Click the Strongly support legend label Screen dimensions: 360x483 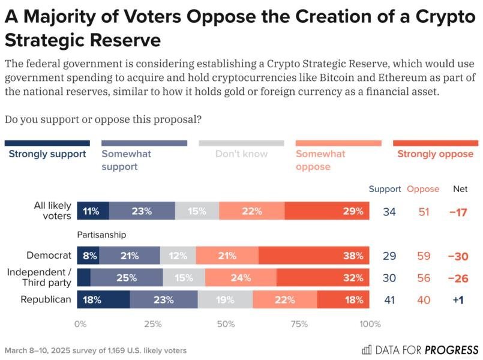tap(47, 154)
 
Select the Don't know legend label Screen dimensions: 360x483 tap(241, 154)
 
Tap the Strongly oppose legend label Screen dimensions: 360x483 tap(435, 154)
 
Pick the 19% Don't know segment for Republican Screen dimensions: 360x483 tap(225, 300)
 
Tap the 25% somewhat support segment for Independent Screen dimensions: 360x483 tap(127, 278)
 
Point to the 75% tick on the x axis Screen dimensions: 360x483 tap(299, 325)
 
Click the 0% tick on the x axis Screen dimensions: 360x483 tap(80, 325)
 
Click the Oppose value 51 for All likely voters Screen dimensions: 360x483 tap(424, 211)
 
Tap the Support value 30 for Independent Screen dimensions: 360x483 tap(389, 278)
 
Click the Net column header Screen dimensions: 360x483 tap(460, 189)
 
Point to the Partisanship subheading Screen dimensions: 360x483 tap(101, 235)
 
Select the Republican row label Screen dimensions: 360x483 tap(46, 300)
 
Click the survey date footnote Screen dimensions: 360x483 tap(95, 350)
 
